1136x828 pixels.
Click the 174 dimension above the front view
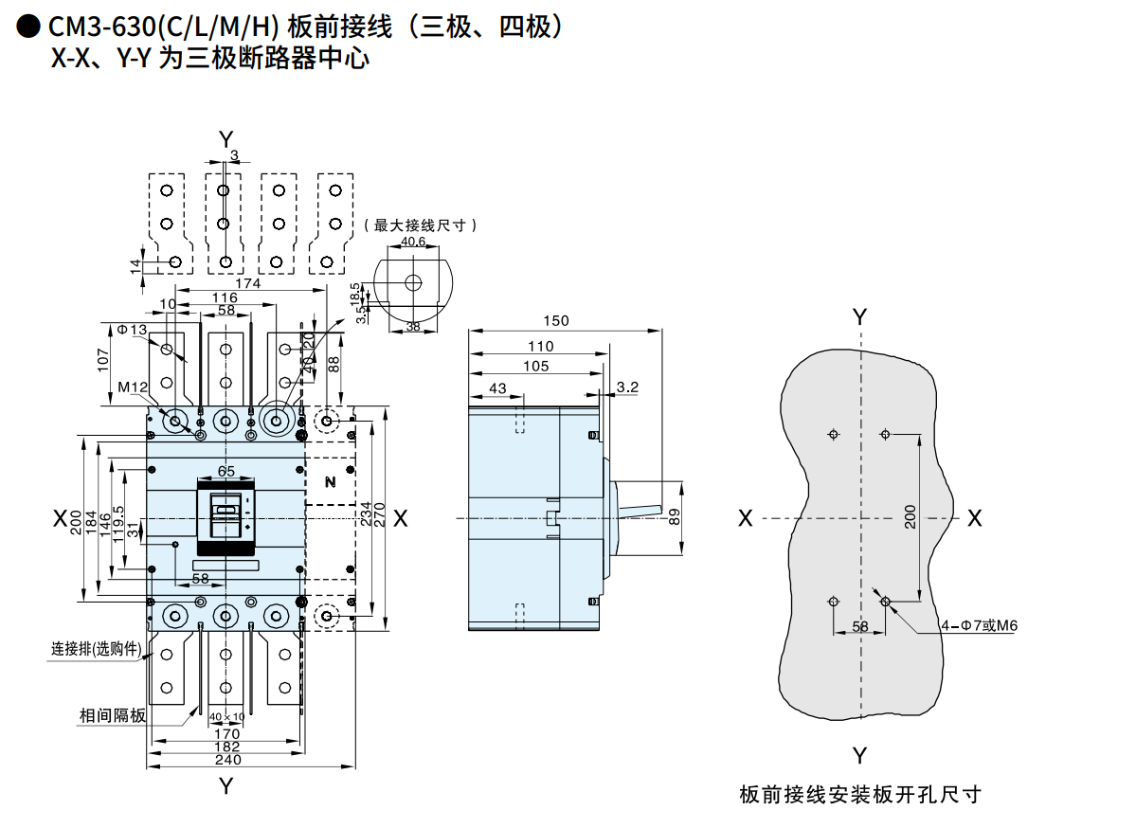pyautogui.click(x=247, y=283)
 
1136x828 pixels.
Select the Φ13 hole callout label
pyautogui.click(x=133, y=329)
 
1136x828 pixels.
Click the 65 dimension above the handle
pyautogui.click(x=226, y=471)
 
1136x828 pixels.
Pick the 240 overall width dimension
pyautogui.click(x=227, y=759)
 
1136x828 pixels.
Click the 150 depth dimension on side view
pyautogui.click(x=557, y=320)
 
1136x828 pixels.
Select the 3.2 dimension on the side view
pyautogui.click(x=627, y=387)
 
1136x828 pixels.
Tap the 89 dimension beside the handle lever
pyautogui.click(x=674, y=517)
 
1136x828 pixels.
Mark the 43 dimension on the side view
pyautogui.click(x=496, y=387)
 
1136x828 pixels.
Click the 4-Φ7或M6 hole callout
pyautogui.click(x=979, y=625)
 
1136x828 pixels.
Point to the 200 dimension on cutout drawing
pyautogui.click(x=911, y=517)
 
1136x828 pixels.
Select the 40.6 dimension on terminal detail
pyautogui.click(x=413, y=242)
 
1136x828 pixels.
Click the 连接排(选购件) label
pyautogui.click(x=96, y=650)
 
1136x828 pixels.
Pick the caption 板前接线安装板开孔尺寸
pyautogui.click(x=859, y=794)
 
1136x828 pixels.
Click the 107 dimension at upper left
pyautogui.click(x=105, y=361)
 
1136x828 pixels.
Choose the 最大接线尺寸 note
pyautogui.click(x=420, y=225)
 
